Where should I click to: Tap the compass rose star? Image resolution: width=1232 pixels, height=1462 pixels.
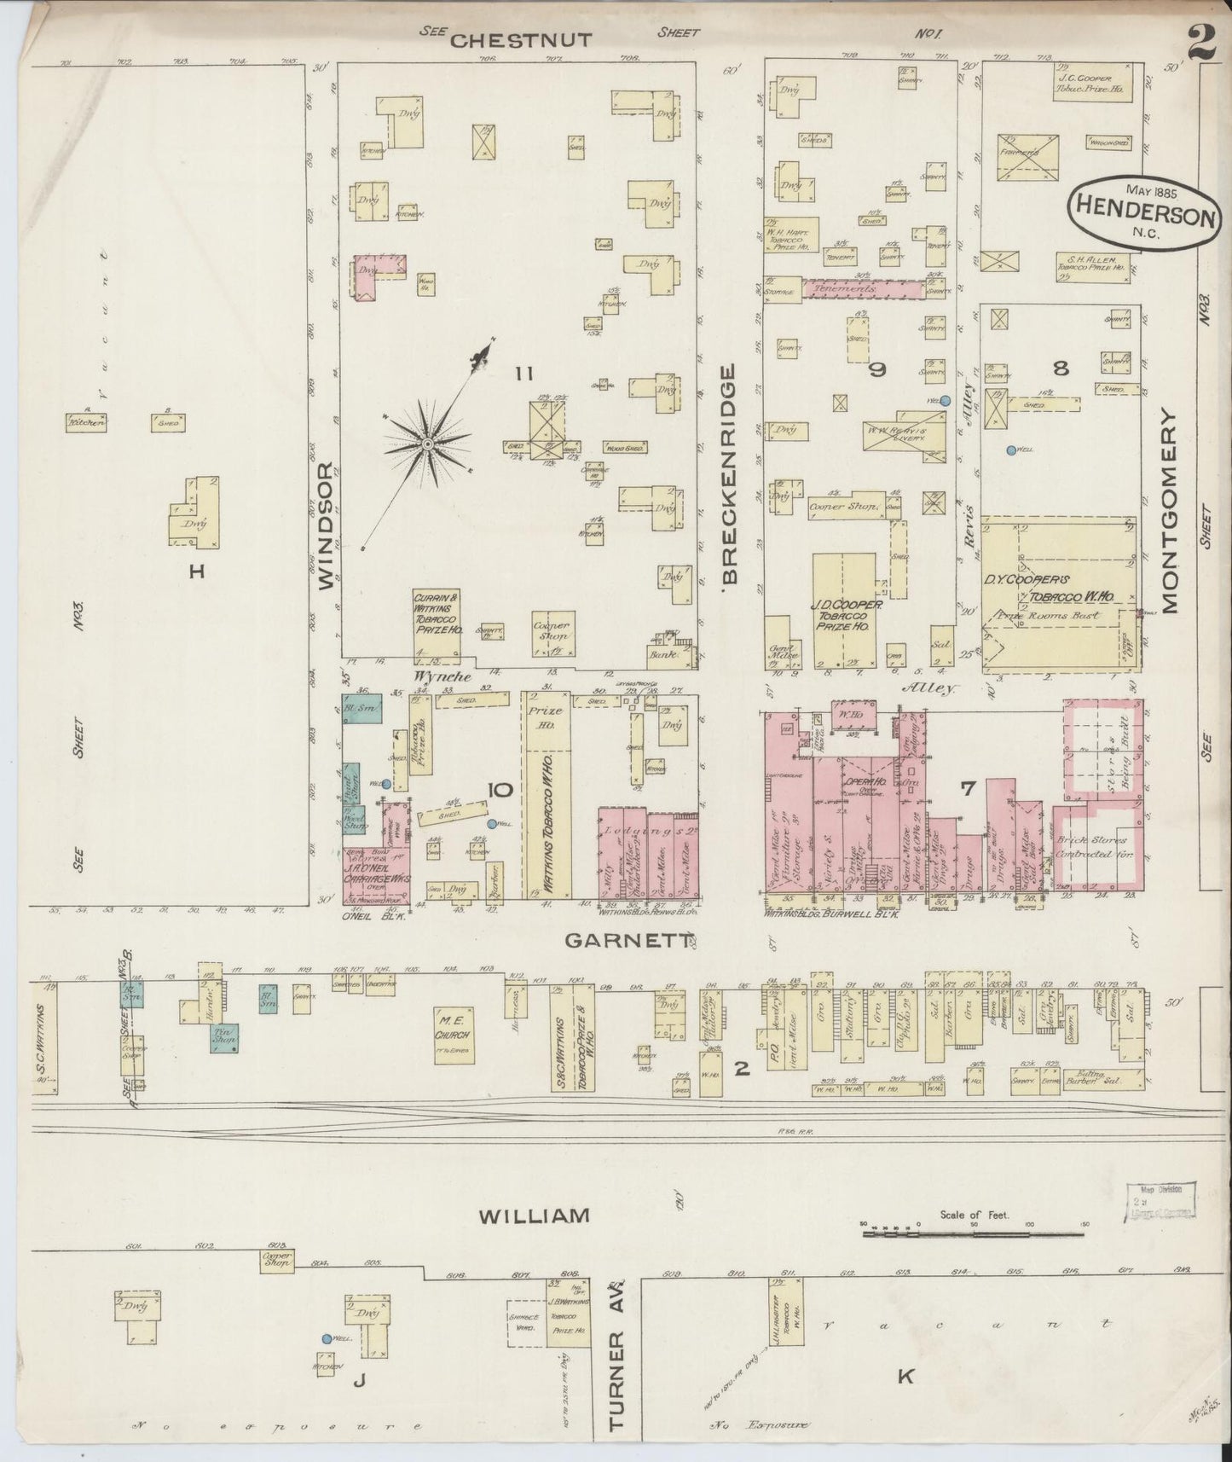(425, 444)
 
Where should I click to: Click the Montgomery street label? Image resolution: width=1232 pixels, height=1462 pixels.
(1168, 508)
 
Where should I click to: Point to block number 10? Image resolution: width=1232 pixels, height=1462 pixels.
(499, 791)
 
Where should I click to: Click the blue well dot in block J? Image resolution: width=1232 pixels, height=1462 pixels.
(327, 1339)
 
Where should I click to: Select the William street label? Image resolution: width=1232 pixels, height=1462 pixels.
(534, 1215)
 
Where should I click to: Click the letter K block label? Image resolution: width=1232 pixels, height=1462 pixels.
(905, 1375)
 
